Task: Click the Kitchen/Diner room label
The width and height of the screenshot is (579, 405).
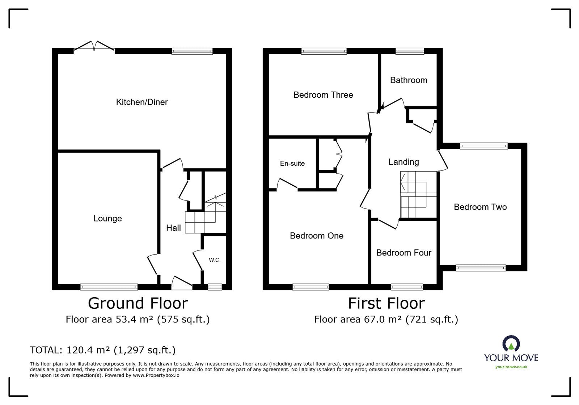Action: tap(141, 102)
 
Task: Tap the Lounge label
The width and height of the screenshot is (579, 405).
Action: tap(107, 218)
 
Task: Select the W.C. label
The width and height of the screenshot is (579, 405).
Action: tap(215, 260)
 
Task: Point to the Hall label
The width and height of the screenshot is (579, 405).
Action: tap(173, 228)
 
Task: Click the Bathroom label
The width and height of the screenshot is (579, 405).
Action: tap(409, 80)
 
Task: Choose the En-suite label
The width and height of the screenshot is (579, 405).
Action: tap(292, 163)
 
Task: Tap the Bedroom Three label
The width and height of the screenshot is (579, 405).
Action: tap(323, 95)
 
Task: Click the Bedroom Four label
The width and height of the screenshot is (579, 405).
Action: tap(404, 253)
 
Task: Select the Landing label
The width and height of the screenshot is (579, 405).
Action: tap(403, 162)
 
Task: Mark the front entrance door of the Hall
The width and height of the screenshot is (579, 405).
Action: tap(182, 283)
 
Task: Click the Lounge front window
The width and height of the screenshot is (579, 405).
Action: tap(109, 287)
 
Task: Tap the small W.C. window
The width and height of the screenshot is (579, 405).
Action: tap(215, 287)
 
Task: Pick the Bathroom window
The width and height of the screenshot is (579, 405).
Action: tap(410, 51)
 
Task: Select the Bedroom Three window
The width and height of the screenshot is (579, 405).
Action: tap(324, 51)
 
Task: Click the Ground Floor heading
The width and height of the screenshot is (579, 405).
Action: tap(138, 303)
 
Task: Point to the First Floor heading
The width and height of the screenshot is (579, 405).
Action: tap(386, 303)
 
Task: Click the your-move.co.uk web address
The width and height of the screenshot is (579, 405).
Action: tap(511, 367)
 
